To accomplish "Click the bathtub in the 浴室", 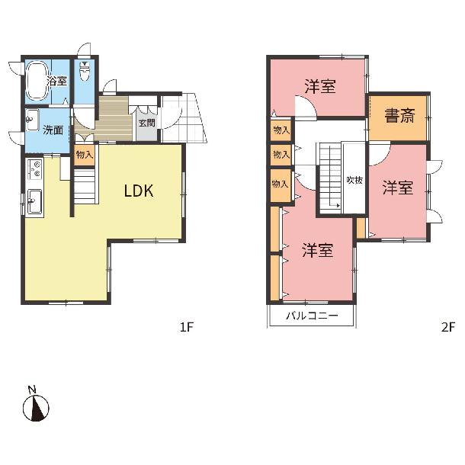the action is coord(37,81).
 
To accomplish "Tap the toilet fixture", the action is coord(85,70).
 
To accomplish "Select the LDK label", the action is coord(139,191).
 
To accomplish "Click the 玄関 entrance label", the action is coord(147,123).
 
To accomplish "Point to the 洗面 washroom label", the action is coord(53,130).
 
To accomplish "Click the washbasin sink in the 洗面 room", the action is coord(32,120).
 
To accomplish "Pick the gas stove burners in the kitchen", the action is coord(35,168).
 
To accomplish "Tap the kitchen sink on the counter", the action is coord(35,201).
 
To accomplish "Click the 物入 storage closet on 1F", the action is coord(85,155).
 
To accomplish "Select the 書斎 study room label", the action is coord(399,115).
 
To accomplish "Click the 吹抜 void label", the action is coord(354,180).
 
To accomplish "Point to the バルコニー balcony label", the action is coord(312,316).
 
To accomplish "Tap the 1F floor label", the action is coord(187,327).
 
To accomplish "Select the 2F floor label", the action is coord(447,327).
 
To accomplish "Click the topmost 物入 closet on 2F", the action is coord(281,130).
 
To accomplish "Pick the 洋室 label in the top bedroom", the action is coord(320,87).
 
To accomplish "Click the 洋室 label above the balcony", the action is coord(317,250).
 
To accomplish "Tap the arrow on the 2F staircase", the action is coord(333,204).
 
